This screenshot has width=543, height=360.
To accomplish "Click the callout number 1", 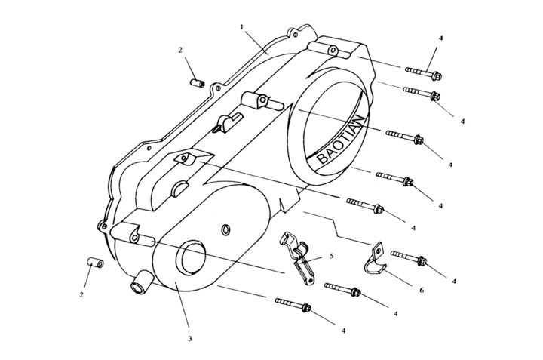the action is [x=242, y=27].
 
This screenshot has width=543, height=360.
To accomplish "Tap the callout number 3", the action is [x=190, y=339].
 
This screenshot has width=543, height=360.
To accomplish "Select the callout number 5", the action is [x=331, y=256].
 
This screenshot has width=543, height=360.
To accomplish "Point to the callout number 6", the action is [x=422, y=290].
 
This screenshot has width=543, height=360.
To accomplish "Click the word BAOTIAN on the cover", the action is [x=342, y=140].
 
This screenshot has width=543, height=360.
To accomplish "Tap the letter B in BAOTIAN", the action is [x=323, y=158].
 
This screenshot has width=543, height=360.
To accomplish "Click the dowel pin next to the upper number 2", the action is [x=197, y=83].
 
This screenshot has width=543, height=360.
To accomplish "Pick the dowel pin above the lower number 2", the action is [x=94, y=263].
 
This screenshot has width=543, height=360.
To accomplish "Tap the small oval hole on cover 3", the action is [x=225, y=229].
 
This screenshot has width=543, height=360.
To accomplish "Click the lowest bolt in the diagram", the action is [x=293, y=304].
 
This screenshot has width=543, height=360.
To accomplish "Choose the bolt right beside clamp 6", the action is [x=409, y=257].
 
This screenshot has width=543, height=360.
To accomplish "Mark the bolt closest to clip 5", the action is [x=343, y=288].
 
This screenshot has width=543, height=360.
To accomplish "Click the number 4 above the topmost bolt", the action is [x=440, y=38].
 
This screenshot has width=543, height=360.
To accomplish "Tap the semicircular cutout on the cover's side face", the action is [x=179, y=186].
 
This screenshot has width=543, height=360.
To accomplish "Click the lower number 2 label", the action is [x=81, y=295].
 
